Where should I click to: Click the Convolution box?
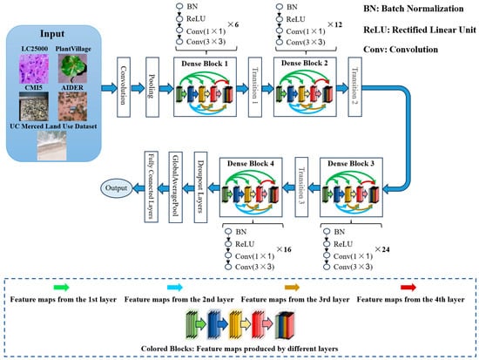[124, 87]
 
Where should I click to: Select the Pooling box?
[152, 87]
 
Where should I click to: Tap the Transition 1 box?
[255, 87]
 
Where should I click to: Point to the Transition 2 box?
[355, 87]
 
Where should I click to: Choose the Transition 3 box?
[301, 187]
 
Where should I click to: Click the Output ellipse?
[116, 187]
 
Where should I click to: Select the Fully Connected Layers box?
[151, 187]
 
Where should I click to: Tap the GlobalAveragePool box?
[176, 187]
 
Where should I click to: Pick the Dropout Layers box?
[200, 187]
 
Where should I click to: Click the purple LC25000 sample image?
[34, 69]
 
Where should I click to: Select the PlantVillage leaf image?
[72, 69]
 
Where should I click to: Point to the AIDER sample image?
[72, 106]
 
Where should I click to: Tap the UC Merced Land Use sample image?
[51, 146]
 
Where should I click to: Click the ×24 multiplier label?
[382, 249]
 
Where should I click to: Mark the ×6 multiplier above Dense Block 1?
[233, 24]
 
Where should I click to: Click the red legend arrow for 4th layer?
[408, 287]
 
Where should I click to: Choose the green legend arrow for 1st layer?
[62, 287]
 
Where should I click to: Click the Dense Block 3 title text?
[351, 164]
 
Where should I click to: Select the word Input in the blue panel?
[52, 33]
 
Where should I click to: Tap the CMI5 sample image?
[34, 106]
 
